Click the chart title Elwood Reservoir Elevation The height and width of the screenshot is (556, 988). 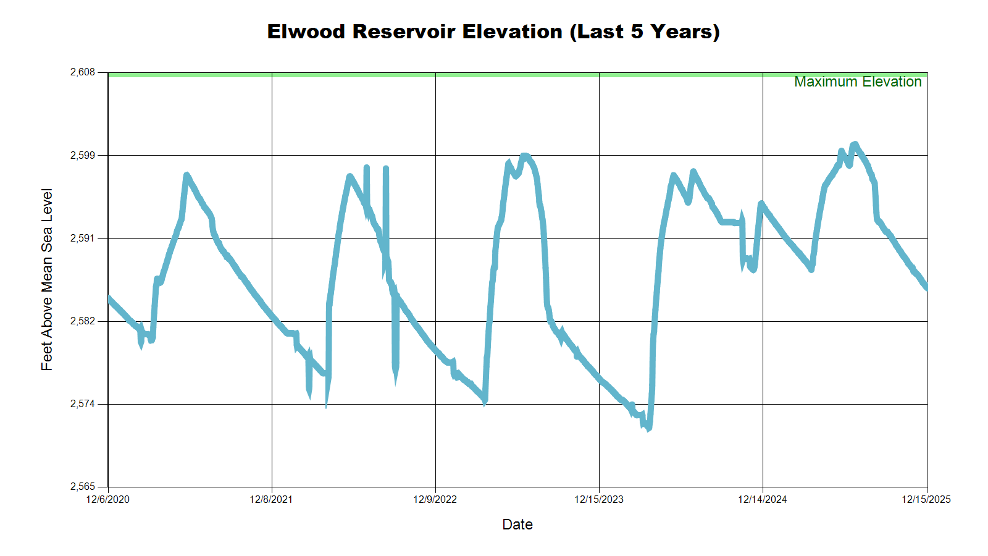[493, 32]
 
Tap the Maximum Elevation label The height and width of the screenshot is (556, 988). [857, 82]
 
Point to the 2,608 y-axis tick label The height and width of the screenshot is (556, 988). [83, 72]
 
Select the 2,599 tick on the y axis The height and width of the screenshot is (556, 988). [83, 155]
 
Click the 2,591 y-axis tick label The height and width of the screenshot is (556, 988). [83, 238]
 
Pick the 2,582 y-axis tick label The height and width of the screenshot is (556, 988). [83, 321]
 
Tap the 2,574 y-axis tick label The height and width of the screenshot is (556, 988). [83, 404]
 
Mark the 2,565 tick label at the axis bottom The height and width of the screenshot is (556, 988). [83, 487]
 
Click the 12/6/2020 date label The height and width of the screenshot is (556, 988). [108, 499]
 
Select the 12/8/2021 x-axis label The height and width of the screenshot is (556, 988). [271, 499]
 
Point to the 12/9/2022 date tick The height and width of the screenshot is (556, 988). [435, 499]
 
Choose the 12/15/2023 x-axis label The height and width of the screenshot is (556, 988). [599, 499]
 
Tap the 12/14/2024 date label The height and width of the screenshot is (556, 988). [763, 499]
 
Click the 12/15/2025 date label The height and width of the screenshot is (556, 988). [926, 499]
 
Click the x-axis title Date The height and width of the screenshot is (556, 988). [517, 524]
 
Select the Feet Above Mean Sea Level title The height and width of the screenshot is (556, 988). [47, 279]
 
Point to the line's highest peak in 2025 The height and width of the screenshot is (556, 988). [855, 145]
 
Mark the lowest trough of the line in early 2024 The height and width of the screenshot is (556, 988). [648, 428]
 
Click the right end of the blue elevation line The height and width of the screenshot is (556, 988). [926, 287]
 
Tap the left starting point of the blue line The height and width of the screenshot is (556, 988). [109, 299]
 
